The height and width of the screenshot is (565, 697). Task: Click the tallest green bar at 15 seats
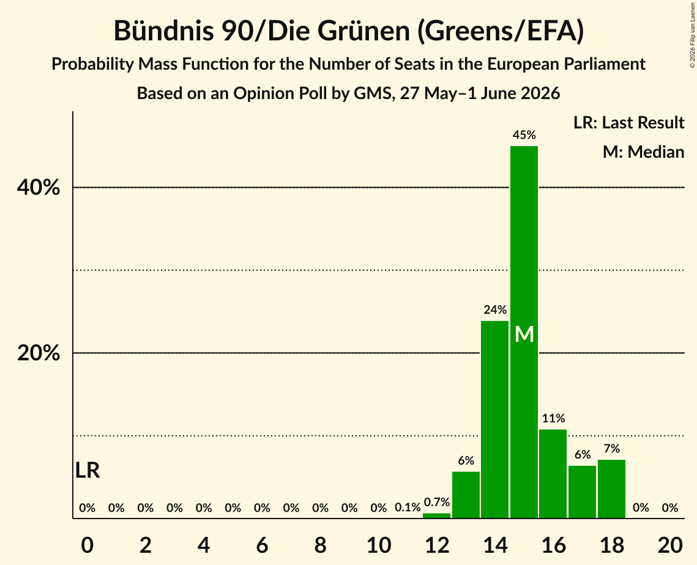coord(524,332)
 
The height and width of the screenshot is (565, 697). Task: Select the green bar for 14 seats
coord(494,419)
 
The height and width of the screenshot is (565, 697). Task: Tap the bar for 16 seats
coord(553,473)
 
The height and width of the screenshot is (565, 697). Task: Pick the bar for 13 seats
coord(466,495)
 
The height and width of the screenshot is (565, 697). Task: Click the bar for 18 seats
coord(612,489)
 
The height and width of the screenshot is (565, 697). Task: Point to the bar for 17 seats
coord(583,492)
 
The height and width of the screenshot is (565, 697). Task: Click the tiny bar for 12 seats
coord(436,515)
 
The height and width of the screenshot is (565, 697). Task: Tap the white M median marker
coord(524,334)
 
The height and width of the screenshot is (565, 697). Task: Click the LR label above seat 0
coord(88,470)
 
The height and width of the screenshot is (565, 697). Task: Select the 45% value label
coord(524,135)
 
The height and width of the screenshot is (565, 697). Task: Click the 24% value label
coord(495,309)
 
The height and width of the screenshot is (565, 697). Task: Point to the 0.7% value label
coord(437,502)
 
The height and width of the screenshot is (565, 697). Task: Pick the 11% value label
coord(553,418)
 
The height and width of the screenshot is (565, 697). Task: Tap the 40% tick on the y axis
coord(38,188)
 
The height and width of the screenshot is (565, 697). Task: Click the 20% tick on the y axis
coord(38,353)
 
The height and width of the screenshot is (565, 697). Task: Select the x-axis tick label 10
coord(379,545)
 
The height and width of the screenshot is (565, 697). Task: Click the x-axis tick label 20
coord(670,545)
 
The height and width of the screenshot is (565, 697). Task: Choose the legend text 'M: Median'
coord(643,152)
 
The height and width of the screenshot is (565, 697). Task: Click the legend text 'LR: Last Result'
coord(628,122)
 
